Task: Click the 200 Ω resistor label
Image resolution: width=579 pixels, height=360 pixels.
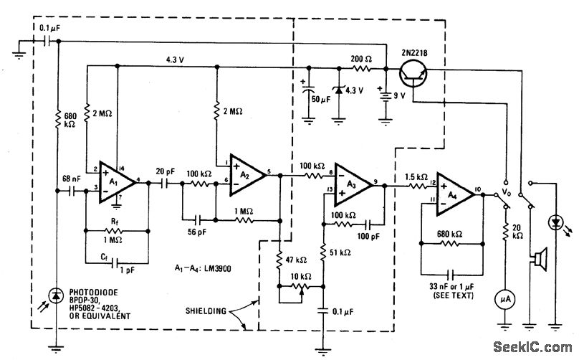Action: pyautogui.click(x=361, y=58)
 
